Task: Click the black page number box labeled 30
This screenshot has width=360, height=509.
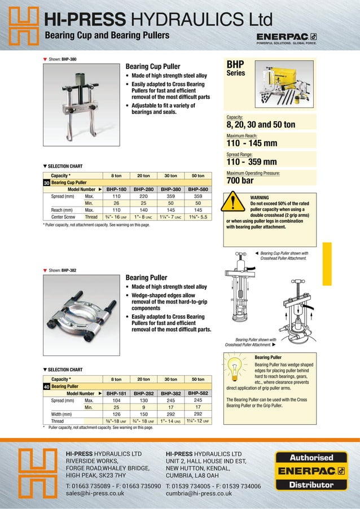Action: click(x=47, y=183)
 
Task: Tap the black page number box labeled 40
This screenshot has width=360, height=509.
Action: click(x=47, y=386)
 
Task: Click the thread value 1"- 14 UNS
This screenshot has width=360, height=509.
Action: click(x=171, y=420)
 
